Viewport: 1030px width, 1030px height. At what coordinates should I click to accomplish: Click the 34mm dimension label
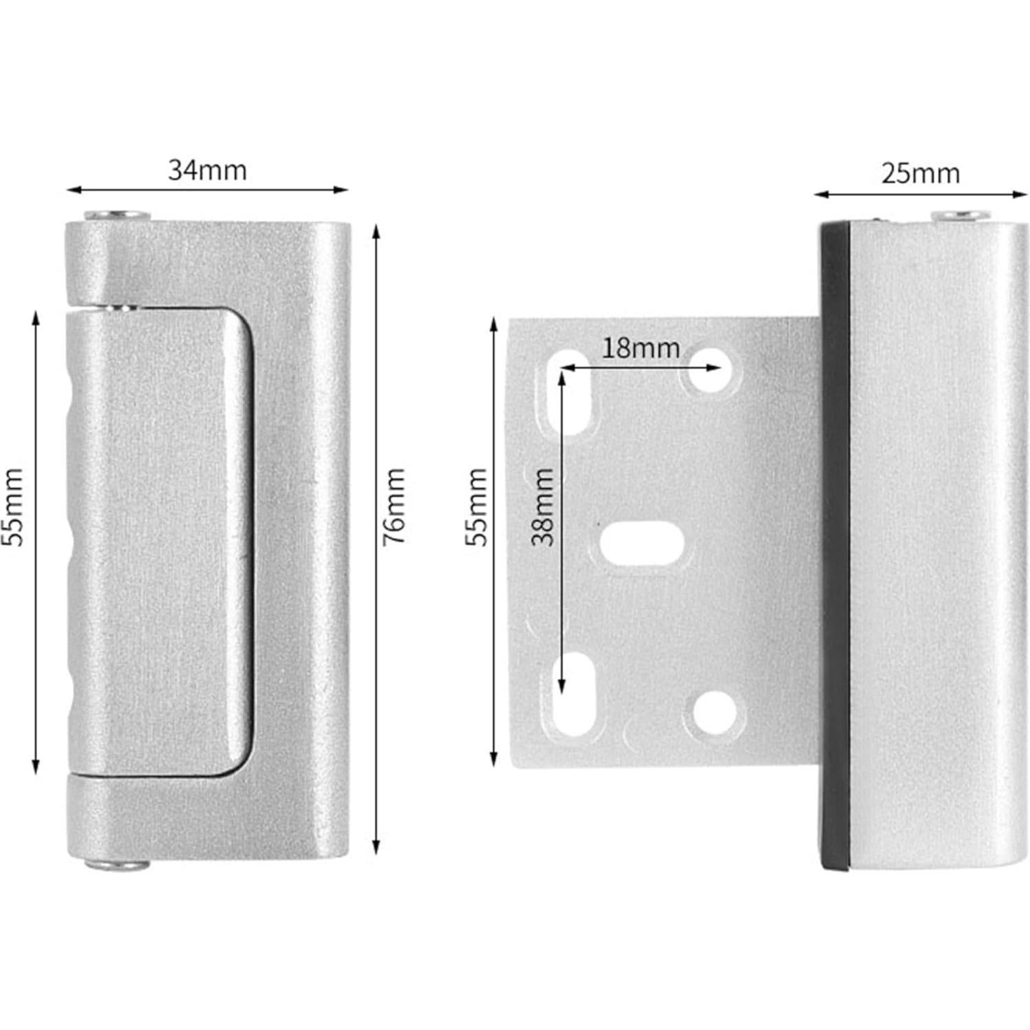pos(207,170)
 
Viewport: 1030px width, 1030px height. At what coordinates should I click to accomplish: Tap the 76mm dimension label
pos(394,506)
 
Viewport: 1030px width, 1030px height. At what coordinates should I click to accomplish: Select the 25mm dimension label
pos(920,173)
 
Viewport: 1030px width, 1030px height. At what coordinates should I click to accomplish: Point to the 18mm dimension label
pos(641,348)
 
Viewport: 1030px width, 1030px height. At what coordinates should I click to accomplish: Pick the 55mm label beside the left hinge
pos(13,506)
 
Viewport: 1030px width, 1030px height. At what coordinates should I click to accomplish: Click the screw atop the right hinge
pos(962,217)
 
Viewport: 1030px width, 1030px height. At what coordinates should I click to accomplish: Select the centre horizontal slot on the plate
pos(642,544)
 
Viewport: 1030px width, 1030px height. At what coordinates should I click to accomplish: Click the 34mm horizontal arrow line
pos(207,189)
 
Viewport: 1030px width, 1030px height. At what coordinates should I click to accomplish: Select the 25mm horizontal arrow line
pos(920,194)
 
